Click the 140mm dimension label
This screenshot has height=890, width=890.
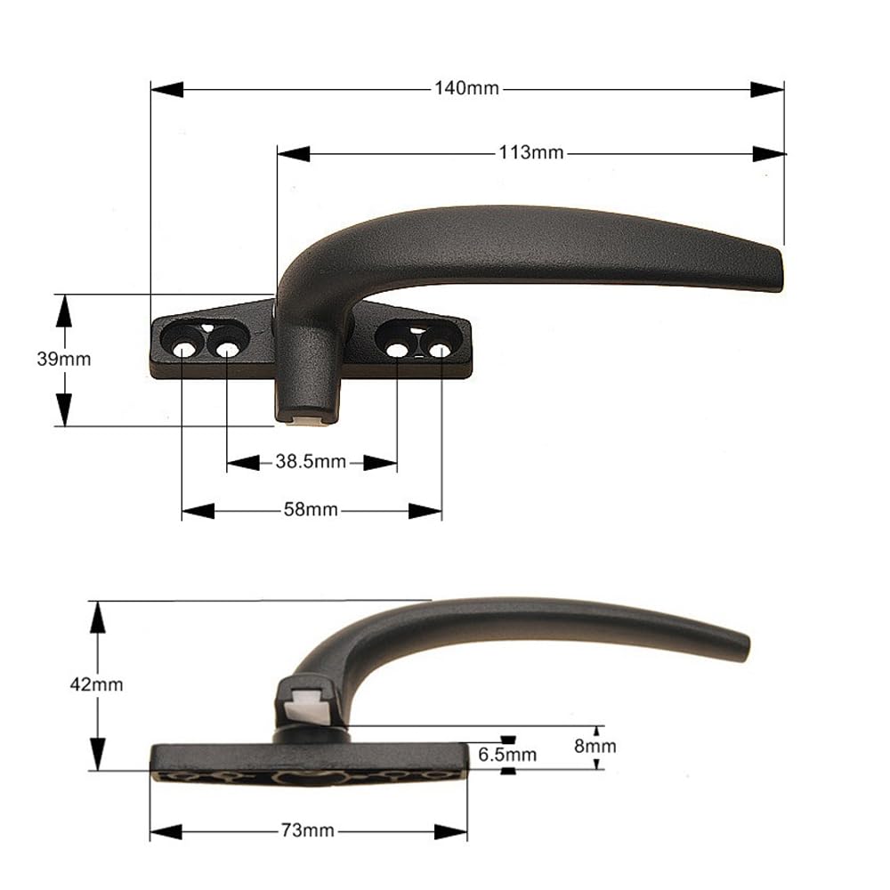click(466, 88)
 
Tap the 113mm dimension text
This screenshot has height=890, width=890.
click(530, 153)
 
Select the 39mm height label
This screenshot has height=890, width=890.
click(63, 360)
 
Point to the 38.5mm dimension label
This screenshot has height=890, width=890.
click(311, 461)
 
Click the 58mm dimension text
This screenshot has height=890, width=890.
click(311, 510)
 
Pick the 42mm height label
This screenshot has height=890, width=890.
click(96, 684)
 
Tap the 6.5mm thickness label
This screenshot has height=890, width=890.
click(507, 755)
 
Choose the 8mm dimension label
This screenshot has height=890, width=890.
click(595, 746)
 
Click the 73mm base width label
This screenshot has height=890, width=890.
click(308, 831)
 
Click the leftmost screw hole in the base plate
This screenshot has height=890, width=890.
click(182, 350)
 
